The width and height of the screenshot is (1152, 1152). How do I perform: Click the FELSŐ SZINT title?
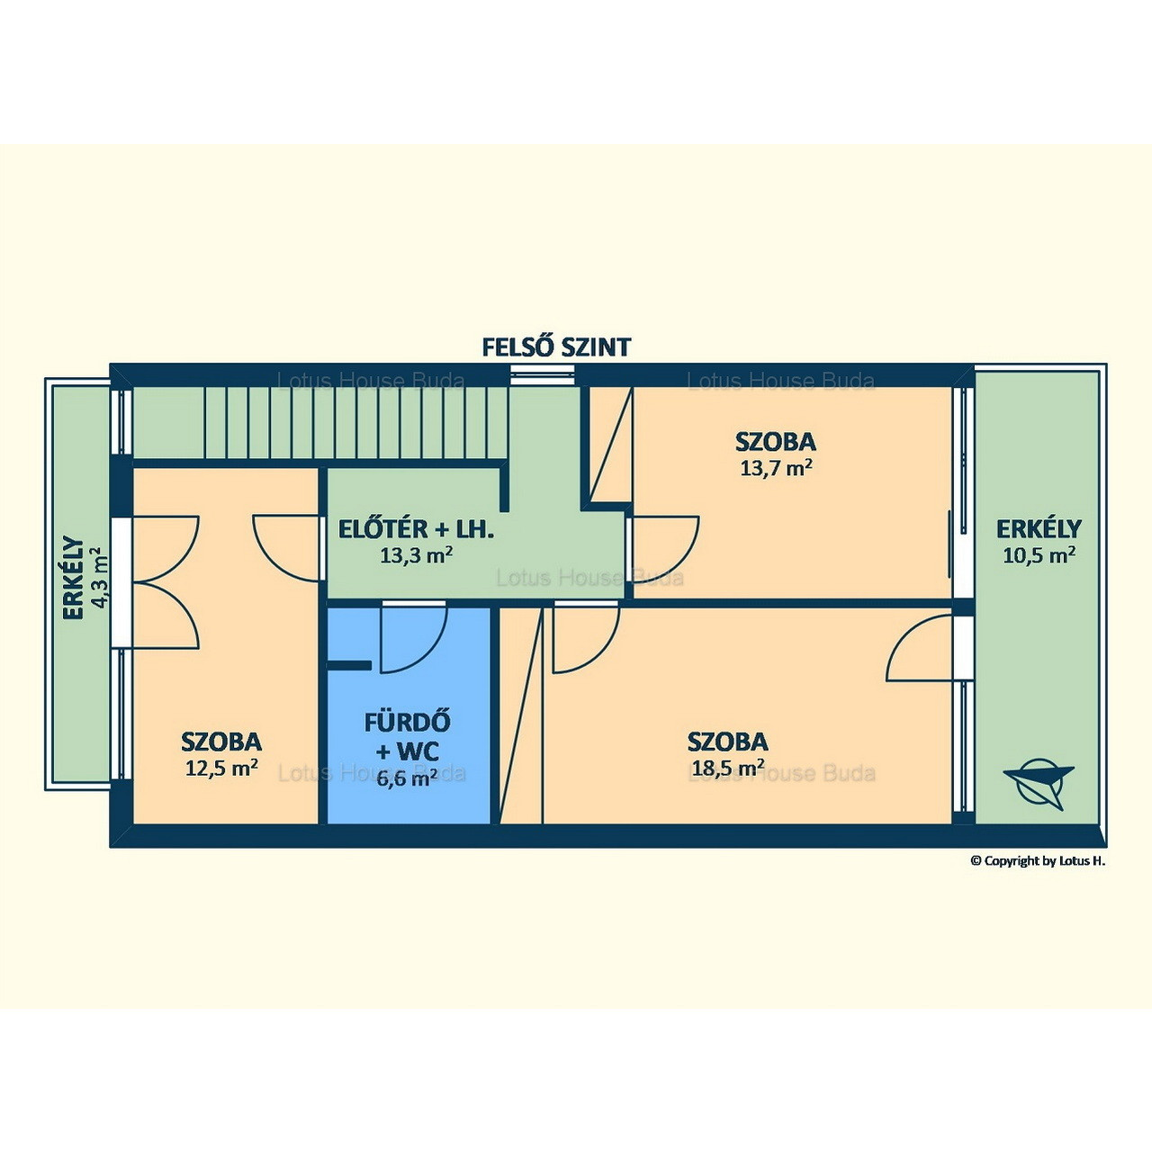coord(556,346)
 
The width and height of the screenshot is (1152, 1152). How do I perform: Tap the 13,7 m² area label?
coord(776,467)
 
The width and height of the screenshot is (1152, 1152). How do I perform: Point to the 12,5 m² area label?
coord(221,767)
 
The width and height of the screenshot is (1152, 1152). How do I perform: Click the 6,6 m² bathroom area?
coord(407,778)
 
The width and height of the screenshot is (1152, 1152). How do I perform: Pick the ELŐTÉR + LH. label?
coord(416,530)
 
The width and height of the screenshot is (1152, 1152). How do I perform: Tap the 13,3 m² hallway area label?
coord(416,555)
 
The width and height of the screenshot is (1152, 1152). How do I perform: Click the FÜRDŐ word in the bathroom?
coord(408,722)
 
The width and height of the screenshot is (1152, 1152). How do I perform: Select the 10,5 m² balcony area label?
coord(1039,554)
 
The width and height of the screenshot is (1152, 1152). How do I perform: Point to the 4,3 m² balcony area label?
coord(101,578)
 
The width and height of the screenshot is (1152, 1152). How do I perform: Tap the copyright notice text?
coord(1038,861)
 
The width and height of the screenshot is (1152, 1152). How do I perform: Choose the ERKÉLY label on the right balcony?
coord(1039,529)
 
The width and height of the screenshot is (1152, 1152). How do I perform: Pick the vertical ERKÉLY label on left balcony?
coord(73,578)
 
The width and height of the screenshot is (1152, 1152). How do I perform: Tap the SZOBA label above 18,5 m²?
coord(727,742)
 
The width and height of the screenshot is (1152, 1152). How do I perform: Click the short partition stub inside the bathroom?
coord(350,665)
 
